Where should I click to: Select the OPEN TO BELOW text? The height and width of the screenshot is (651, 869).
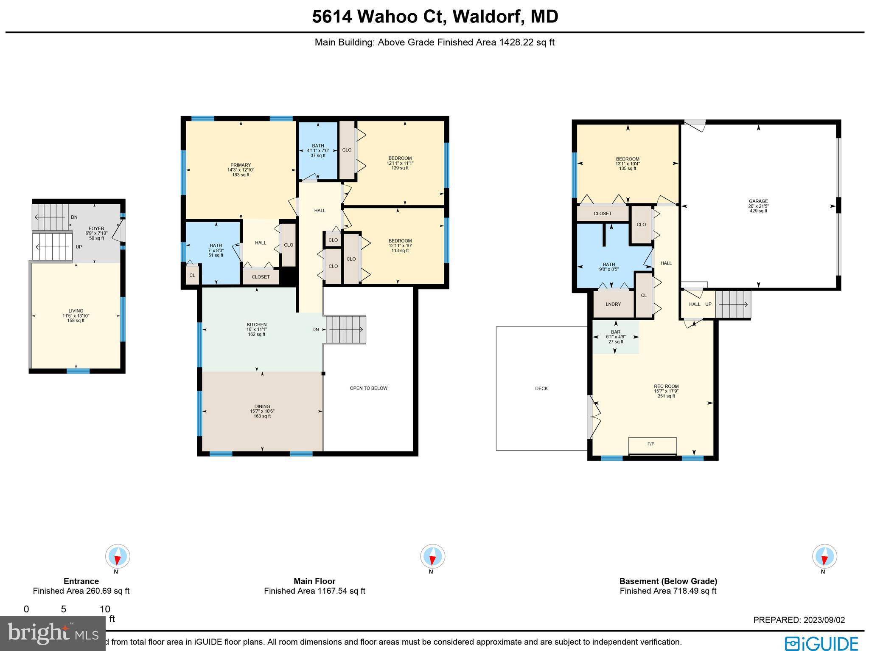click(x=368, y=388)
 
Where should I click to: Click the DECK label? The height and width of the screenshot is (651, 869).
click(x=541, y=389)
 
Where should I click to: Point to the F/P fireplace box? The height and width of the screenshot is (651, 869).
click(x=652, y=445)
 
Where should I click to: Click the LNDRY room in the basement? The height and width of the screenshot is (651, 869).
click(x=613, y=304)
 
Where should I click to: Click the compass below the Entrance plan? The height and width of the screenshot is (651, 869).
click(x=118, y=556)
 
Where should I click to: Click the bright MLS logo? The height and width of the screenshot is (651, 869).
click(x=52, y=633)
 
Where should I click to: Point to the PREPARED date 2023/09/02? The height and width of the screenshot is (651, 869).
click(x=799, y=620)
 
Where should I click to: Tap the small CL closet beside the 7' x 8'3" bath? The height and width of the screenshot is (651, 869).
click(x=192, y=275)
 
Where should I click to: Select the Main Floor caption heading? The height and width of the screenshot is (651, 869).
click(x=314, y=581)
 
